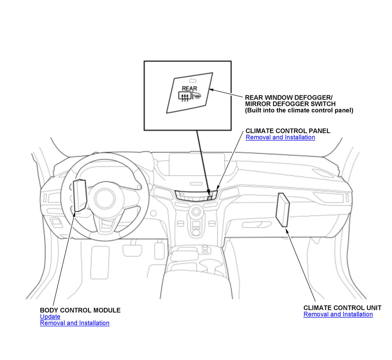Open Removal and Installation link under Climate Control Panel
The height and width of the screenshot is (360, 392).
[x=280, y=137]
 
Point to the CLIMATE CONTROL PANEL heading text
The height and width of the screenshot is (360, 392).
[x=288, y=131]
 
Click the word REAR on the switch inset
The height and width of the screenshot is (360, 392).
[x=189, y=88]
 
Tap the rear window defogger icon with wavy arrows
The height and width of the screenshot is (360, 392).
[x=185, y=97]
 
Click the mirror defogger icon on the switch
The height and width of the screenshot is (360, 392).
[x=196, y=96]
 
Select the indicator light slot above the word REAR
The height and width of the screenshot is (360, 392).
[x=193, y=81]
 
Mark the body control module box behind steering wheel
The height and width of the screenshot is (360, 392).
[x=80, y=195]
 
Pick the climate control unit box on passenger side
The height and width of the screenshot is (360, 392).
[x=283, y=210]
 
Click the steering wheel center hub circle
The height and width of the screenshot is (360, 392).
[x=105, y=199]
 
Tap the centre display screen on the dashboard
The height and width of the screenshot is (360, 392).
[x=197, y=164]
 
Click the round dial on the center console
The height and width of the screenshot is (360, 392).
[x=196, y=211]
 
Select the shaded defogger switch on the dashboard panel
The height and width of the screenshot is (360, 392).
[x=209, y=198]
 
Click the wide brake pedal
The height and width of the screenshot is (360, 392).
[x=132, y=251]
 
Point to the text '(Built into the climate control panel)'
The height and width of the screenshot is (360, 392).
[x=299, y=110]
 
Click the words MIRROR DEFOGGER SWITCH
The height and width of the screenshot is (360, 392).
[x=290, y=104]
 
